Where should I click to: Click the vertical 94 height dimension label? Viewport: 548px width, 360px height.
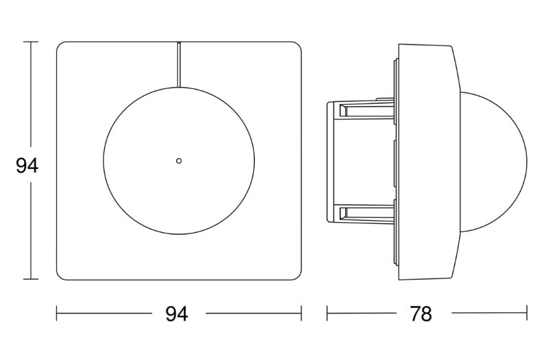[x=27, y=166]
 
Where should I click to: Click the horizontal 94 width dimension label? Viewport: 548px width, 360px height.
[x=177, y=313]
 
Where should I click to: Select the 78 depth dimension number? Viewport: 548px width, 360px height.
[x=421, y=313]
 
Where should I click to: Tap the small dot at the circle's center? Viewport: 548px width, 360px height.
[x=179, y=161]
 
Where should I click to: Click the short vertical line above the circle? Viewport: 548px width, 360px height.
[x=179, y=64]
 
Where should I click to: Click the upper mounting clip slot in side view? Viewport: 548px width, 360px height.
[x=366, y=110]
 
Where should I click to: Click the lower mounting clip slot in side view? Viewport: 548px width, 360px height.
[x=366, y=213]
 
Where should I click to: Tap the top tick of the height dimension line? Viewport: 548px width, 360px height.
[x=31, y=42]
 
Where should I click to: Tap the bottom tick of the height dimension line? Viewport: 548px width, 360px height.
[x=31, y=279]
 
